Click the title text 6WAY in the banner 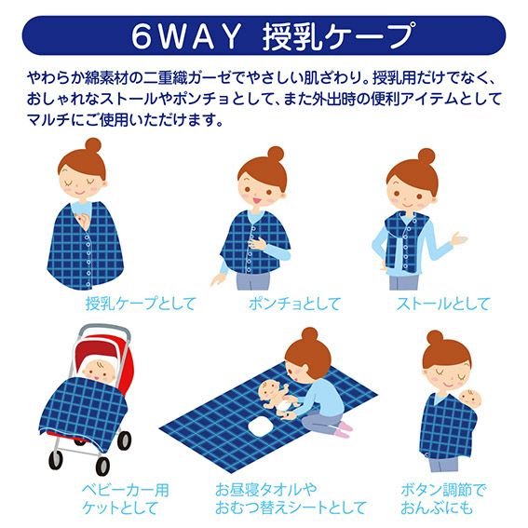186,36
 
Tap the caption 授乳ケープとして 142,304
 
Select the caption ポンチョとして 294,304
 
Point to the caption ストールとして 443,304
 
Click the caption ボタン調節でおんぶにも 443,499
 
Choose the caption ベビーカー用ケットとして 126,499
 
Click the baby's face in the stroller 100,370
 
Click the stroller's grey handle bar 104,330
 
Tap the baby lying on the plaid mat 278,398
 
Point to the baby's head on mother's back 471,399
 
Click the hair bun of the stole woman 426,156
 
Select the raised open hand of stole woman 459,238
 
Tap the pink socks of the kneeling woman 344,429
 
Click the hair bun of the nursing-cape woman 93,146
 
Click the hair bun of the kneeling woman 309,335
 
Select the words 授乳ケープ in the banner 339,36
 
